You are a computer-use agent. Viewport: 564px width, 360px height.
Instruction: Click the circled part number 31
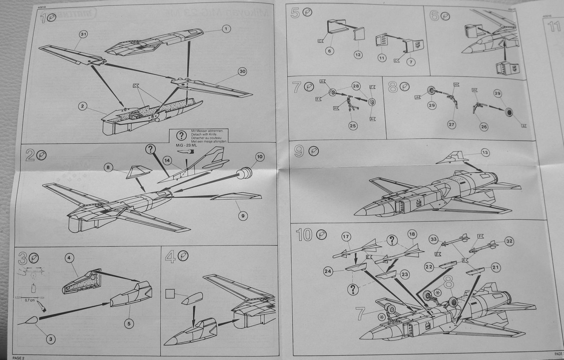click(x=83, y=34)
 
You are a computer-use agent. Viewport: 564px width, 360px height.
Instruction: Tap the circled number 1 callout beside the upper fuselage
click(x=226, y=29)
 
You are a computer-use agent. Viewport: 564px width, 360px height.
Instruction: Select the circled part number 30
click(x=241, y=71)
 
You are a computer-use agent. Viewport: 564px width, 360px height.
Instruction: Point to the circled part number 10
click(x=260, y=156)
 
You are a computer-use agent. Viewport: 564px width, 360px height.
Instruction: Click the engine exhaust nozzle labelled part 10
click(x=244, y=173)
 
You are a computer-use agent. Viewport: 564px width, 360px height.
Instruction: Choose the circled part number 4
click(x=69, y=257)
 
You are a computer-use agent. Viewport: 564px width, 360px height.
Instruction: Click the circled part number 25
click(x=353, y=125)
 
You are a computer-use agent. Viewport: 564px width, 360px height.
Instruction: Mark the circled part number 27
click(x=452, y=124)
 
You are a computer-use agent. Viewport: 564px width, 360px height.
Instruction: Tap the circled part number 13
click(x=485, y=152)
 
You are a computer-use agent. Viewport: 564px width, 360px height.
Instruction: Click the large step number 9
click(x=299, y=151)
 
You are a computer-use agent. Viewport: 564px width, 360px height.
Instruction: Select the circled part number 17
click(x=345, y=237)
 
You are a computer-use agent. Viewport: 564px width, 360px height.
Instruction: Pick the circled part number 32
click(x=509, y=241)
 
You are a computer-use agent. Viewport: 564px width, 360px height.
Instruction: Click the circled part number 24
click(x=328, y=272)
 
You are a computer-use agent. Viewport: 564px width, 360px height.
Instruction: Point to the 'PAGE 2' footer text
click(x=19, y=357)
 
